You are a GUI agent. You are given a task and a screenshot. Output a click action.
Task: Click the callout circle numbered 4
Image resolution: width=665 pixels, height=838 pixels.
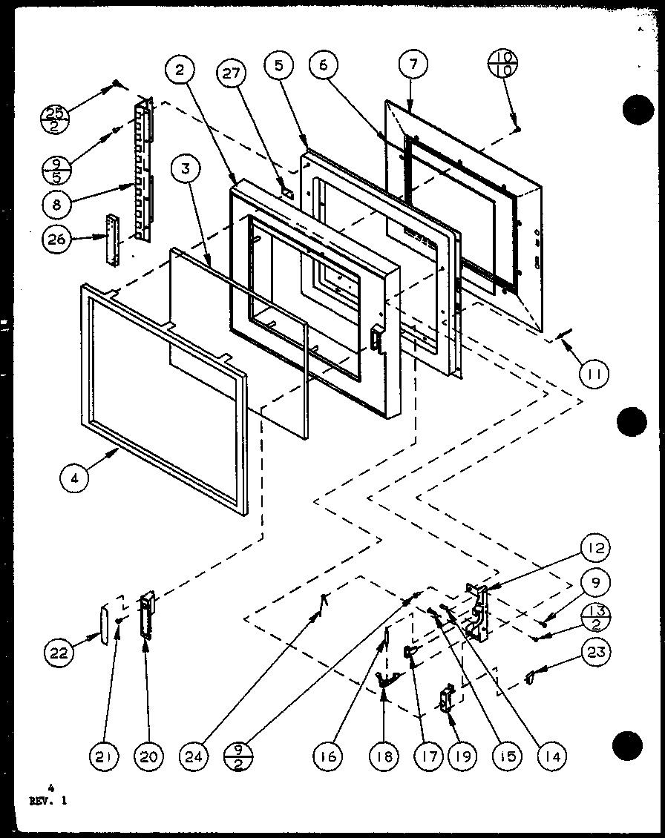point(75,478)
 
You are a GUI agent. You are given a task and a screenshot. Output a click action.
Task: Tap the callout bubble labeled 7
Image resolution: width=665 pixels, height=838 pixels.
point(413,65)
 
